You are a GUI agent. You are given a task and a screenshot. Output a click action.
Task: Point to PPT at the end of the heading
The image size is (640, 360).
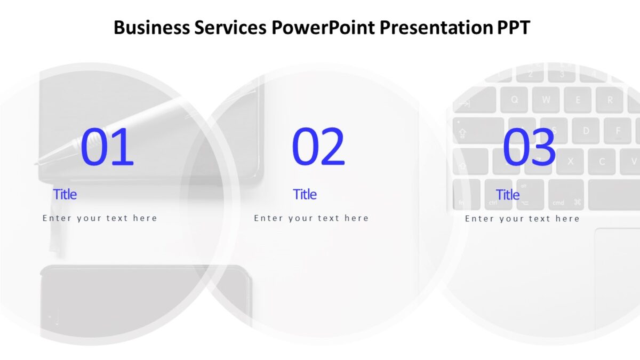513,27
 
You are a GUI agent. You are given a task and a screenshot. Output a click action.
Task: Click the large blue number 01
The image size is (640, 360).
107,147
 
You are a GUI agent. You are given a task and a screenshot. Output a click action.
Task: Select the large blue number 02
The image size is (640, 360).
318,147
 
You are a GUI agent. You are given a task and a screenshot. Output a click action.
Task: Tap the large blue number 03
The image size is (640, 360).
529,147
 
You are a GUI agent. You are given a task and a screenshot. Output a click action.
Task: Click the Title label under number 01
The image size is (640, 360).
65,194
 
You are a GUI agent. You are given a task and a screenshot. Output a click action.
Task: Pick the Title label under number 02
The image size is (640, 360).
305,194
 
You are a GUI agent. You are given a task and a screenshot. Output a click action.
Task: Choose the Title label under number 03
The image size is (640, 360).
507,195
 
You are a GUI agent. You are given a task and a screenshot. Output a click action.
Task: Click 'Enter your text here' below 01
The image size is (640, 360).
100,218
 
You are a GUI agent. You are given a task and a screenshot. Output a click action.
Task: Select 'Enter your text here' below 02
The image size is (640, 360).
311,218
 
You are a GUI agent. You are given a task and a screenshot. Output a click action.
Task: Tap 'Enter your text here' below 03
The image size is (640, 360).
522,219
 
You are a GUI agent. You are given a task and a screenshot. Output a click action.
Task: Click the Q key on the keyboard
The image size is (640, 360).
515,100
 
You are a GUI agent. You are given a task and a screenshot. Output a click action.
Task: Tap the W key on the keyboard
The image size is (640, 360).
546,100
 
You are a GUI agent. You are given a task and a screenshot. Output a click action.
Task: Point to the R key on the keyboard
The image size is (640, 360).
610,100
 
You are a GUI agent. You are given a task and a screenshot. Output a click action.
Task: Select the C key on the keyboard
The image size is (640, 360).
602,161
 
